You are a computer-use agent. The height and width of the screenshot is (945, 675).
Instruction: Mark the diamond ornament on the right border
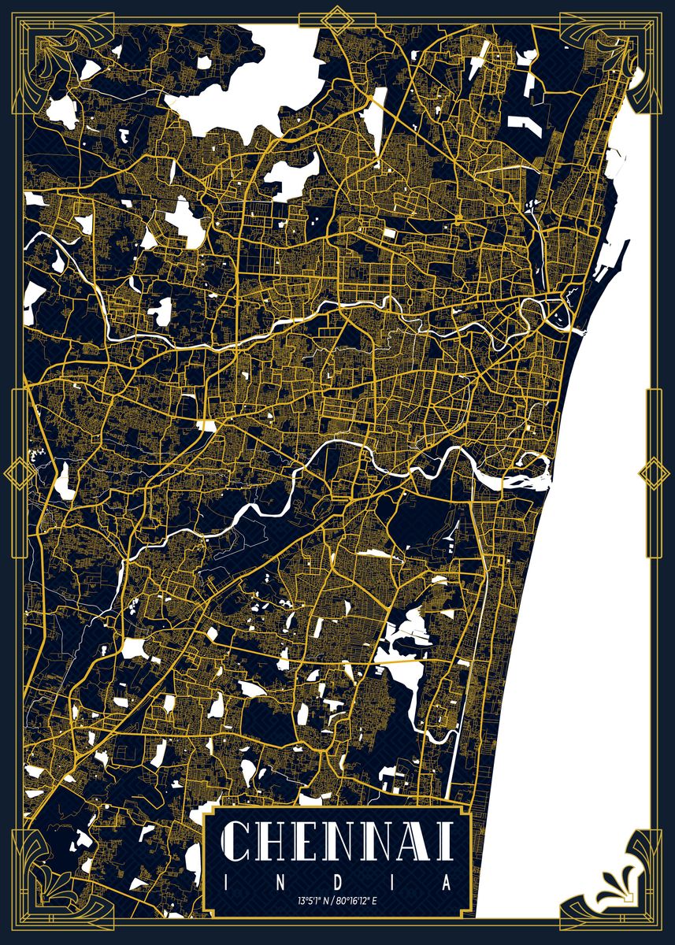[x=653, y=473]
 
